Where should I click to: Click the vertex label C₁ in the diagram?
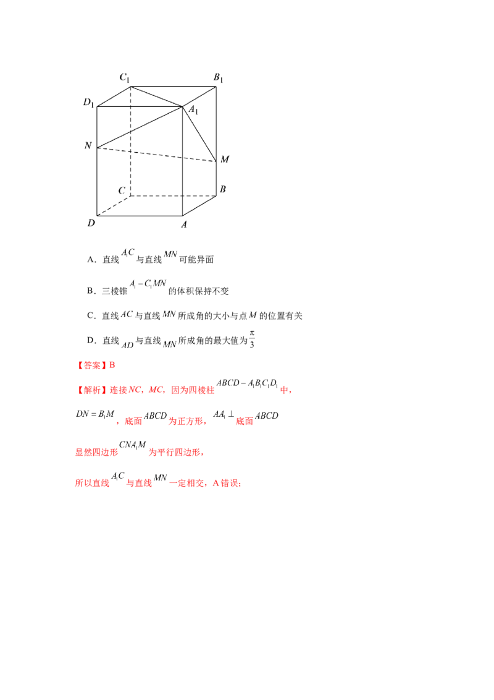[x=124, y=78]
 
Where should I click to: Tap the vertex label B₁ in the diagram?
[x=218, y=78]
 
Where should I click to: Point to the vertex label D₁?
[x=89, y=103]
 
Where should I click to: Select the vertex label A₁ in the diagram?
[x=193, y=109]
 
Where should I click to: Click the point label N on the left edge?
[x=88, y=145]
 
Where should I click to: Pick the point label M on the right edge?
[x=225, y=160]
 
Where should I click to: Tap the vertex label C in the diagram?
[x=122, y=190]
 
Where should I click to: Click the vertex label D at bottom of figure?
[x=91, y=223]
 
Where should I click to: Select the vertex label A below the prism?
[x=183, y=224]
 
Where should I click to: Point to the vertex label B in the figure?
[x=223, y=189]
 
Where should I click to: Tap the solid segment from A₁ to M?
[x=199, y=134]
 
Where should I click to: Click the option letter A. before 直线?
[x=91, y=260]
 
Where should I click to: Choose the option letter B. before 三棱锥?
[x=91, y=291]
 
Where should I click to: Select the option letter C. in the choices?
[x=91, y=316]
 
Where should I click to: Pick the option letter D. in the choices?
[x=91, y=341]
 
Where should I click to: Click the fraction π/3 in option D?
[x=252, y=339]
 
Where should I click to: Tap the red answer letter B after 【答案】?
[x=112, y=365]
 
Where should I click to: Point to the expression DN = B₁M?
[x=95, y=414]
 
